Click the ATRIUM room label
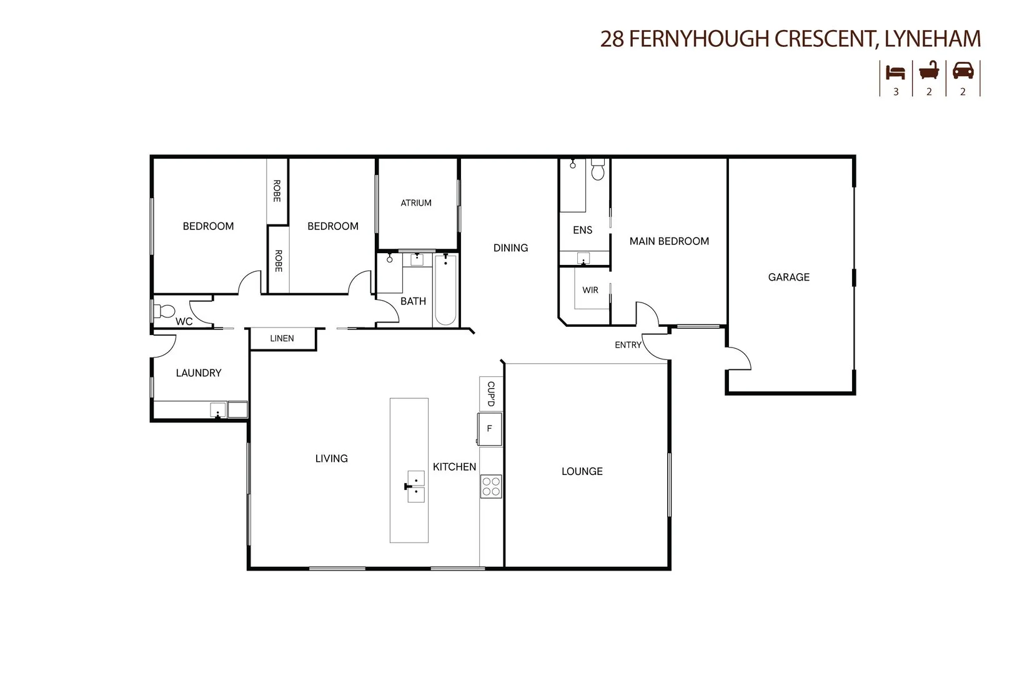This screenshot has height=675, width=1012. (x=416, y=202)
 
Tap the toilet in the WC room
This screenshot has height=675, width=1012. (x=165, y=311)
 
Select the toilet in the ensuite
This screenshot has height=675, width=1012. (x=598, y=171)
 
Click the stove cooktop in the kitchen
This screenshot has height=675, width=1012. (x=491, y=486)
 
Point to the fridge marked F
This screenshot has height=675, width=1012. (x=490, y=429)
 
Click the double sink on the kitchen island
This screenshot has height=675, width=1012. (x=415, y=486)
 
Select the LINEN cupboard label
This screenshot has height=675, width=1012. (x=282, y=338)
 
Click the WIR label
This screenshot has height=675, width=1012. (x=590, y=290)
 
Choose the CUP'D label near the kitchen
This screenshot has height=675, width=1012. (x=491, y=394)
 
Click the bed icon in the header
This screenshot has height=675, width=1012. (x=896, y=72)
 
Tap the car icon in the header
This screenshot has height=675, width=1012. (x=963, y=71)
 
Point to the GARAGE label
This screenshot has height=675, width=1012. (x=788, y=277)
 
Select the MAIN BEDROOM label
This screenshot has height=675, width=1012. (x=669, y=241)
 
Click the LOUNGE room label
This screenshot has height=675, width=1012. (x=582, y=471)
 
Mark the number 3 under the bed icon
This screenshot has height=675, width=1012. (x=896, y=92)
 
